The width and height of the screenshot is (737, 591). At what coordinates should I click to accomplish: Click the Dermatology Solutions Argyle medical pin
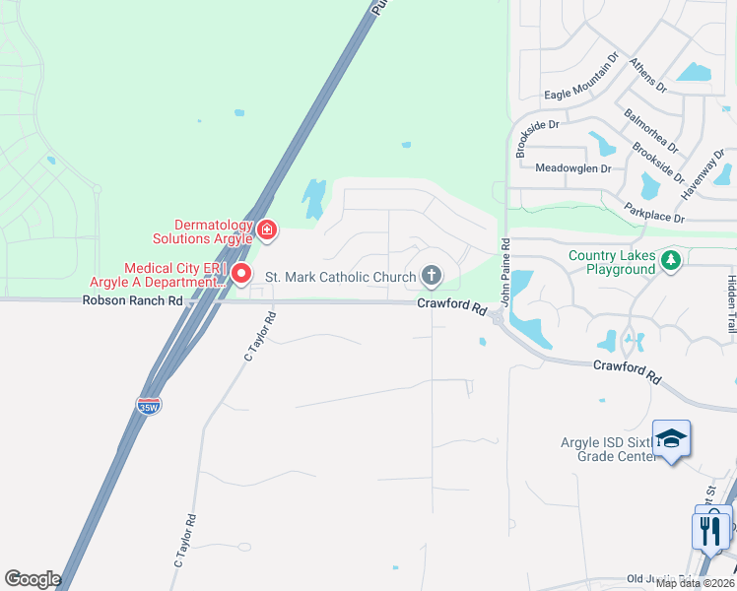point(267,230)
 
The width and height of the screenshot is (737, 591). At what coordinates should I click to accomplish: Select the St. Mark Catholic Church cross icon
point(432,276)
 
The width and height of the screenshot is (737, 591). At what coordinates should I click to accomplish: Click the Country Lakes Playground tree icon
point(672,259)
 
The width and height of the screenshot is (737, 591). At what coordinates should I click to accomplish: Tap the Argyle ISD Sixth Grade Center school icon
point(671,438)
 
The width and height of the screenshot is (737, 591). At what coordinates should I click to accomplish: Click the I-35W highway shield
point(148,406)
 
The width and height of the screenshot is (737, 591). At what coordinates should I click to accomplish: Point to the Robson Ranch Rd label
point(134,300)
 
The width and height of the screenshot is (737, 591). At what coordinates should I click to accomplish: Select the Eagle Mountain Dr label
point(580,95)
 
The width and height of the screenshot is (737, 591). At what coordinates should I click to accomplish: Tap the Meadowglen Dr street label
point(572,167)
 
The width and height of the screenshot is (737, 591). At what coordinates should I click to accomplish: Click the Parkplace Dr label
point(654,211)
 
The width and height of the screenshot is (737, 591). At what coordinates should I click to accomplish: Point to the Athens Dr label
point(648,74)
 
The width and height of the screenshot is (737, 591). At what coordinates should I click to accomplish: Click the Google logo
point(33,578)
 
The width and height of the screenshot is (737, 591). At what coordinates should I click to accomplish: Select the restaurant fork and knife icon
point(710,530)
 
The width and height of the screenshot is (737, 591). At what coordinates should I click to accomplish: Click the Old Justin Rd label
point(655,579)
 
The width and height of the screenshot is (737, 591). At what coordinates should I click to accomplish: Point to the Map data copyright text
point(694,583)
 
